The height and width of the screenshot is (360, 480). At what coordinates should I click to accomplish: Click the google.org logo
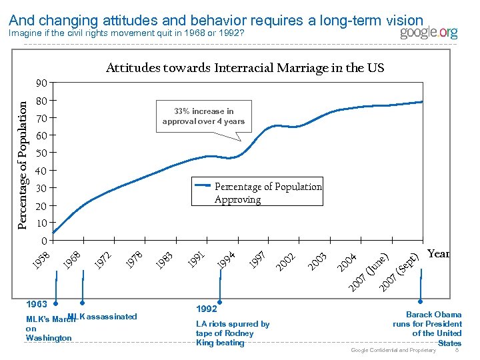(429, 33)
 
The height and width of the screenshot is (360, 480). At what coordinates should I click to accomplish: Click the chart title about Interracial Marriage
(245, 68)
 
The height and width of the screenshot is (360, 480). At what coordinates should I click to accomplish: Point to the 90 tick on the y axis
(41, 83)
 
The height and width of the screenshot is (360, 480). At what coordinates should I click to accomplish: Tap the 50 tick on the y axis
(41, 153)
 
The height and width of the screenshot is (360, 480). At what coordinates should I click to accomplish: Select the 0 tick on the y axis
(43, 240)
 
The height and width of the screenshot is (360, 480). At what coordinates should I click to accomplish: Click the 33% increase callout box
(203, 116)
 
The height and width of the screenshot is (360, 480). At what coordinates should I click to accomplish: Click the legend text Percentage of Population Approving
(267, 193)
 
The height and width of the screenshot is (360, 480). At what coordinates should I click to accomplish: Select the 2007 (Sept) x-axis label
(399, 272)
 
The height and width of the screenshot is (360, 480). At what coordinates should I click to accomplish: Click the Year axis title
(438, 253)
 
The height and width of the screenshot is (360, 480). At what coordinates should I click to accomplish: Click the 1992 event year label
(206, 309)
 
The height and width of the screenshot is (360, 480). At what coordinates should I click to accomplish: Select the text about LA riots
(232, 333)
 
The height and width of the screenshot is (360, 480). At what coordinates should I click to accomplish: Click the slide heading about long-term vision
(217, 21)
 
